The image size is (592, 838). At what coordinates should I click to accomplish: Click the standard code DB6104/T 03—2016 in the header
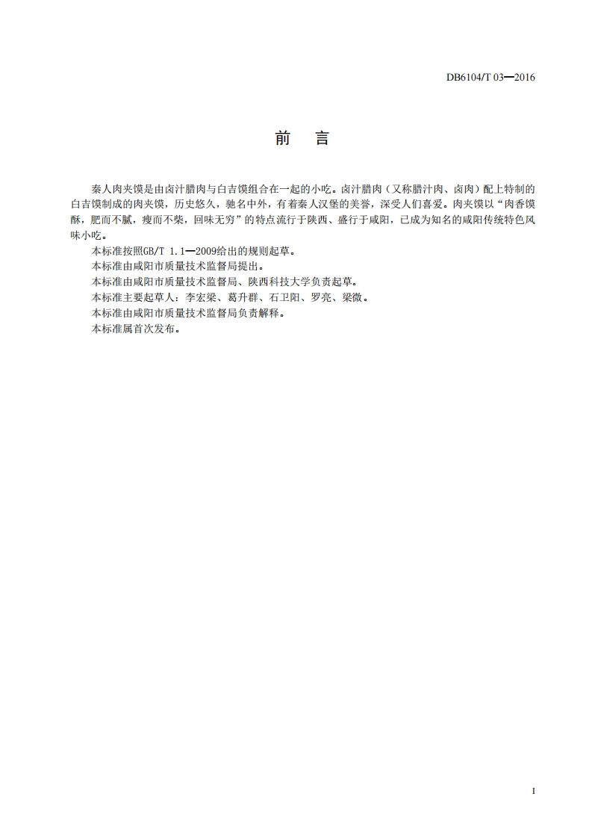pos(490,77)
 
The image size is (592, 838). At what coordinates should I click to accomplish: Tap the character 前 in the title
pos(281,139)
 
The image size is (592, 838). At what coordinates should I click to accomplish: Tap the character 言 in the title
pos(322,139)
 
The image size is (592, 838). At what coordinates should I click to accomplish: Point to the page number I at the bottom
pos(533,790)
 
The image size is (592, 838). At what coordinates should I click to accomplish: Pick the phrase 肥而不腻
pos(113,219)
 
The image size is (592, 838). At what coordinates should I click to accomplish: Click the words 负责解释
pos(260,313)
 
